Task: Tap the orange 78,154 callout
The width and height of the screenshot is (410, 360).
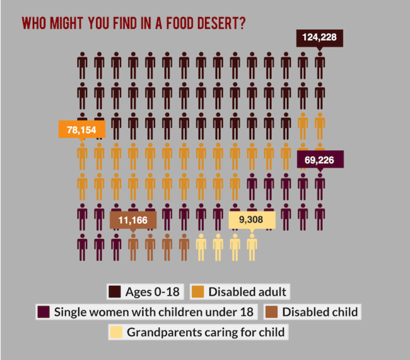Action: click(x=82, y=129)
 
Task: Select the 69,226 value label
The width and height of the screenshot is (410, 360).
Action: click(x=320, y=160)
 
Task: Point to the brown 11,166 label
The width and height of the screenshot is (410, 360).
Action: click(x=133, y=220)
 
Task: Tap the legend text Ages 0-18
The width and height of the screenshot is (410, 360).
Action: click(x=151, y=292)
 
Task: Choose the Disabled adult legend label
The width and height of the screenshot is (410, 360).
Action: click(x=247, y=292)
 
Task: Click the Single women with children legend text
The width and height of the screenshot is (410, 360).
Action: click(x=153, y=312)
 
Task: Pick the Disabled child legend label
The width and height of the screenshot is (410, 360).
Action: click(x=320, y=312)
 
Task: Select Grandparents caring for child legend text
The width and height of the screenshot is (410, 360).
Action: click(x=205, y=332)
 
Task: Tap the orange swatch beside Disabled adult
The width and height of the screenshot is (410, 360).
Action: click(x=198, y=292)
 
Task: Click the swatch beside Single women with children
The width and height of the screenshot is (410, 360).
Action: click(x=43, y=312)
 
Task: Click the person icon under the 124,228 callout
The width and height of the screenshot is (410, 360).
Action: click(x=320, y=65)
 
